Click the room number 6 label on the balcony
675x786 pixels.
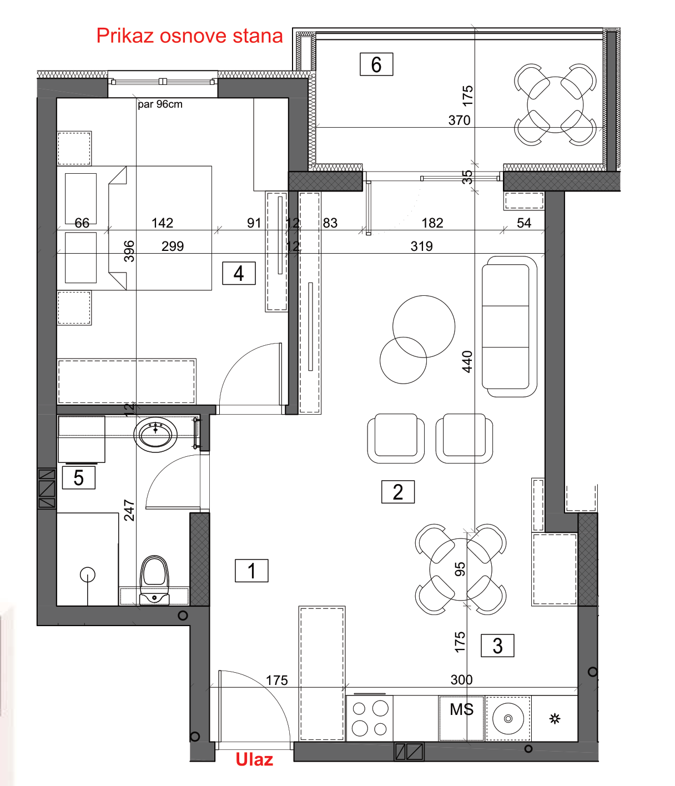(x=376, y=64)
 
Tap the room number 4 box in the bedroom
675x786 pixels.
(x=239, y=273)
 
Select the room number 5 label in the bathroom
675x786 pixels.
(x=78, y=477)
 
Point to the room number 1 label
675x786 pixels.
(x=251, y=571)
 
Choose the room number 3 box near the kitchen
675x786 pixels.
(x=497, y=646)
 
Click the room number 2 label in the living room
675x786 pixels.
(x=397, y=492)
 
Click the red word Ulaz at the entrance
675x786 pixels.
(x=254, y=759)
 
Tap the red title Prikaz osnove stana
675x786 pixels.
(x=189, y=36)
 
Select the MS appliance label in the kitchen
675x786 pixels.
(x=461, y=709)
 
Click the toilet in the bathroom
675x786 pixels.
(x=154, y=580)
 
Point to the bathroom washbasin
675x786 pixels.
(x=155, y=434)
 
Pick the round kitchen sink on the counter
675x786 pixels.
(x=508, y=718)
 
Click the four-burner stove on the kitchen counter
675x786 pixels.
(x=369, y=718)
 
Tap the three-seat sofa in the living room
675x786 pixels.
(x=509, y=326)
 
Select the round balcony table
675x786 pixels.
(x=555, y=104)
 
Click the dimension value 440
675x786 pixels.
(x=467, y=361)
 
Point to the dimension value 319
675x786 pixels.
(x=421, y=246)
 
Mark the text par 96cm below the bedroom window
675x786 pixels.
(x=160, y=104)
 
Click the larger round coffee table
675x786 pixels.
(x=423, y=326)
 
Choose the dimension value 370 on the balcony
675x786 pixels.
(x=459, y=120)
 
